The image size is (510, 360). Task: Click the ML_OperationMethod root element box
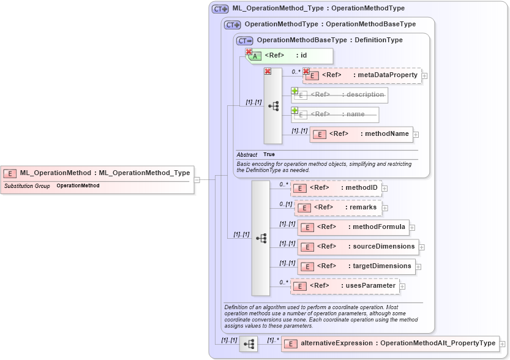(97, 173)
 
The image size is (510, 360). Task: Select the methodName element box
(361, 134)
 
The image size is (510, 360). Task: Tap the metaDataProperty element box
(362, 75)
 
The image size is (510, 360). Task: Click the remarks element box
(338, 208)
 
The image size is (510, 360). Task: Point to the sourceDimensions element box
(358, 247)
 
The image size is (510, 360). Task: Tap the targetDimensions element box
(356, 266)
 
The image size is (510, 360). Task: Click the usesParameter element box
(345, 286)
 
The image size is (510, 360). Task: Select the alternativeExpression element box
(390, 343)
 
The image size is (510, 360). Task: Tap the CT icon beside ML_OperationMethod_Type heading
(220, 9)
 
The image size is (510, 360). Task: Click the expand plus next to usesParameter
(403, 286)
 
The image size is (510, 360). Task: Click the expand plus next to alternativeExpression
(503, 344)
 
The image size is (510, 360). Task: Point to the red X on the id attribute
(249, 52)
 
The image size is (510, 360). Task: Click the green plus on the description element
(294, 91)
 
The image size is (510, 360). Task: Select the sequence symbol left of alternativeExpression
(248, 344)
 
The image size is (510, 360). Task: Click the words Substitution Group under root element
(27, 186)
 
